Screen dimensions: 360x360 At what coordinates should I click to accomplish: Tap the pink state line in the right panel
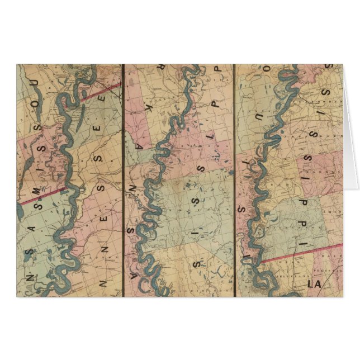(302, 253)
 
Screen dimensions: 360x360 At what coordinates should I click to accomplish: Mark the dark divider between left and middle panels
(122, 179)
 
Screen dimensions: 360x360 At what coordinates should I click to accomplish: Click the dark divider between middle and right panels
(234, 179)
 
